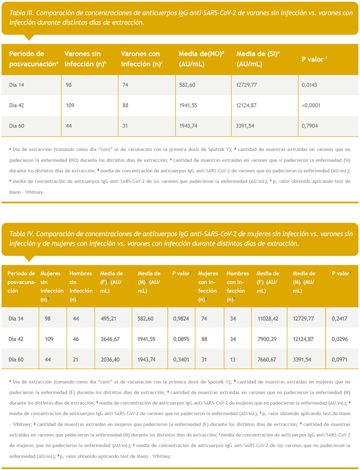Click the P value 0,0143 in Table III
point(309,85)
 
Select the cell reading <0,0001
point(311,105)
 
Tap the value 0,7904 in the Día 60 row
point(310,126)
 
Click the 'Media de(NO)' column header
point(201,59)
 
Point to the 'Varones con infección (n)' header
point(142,59)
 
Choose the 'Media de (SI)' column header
point(258,59)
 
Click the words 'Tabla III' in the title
point(22,13)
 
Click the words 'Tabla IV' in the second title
point(22,234)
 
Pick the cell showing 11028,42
point(268,319)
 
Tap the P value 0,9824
point(181,319)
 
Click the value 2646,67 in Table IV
point(110,339)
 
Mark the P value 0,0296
point(339,339)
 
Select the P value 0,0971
point(339,360)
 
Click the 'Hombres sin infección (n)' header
point(81,286)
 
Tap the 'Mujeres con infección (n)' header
point(208,286)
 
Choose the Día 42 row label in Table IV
point(16,339)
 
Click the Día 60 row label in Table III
point(17,126)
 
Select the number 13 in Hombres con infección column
point(233,360)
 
